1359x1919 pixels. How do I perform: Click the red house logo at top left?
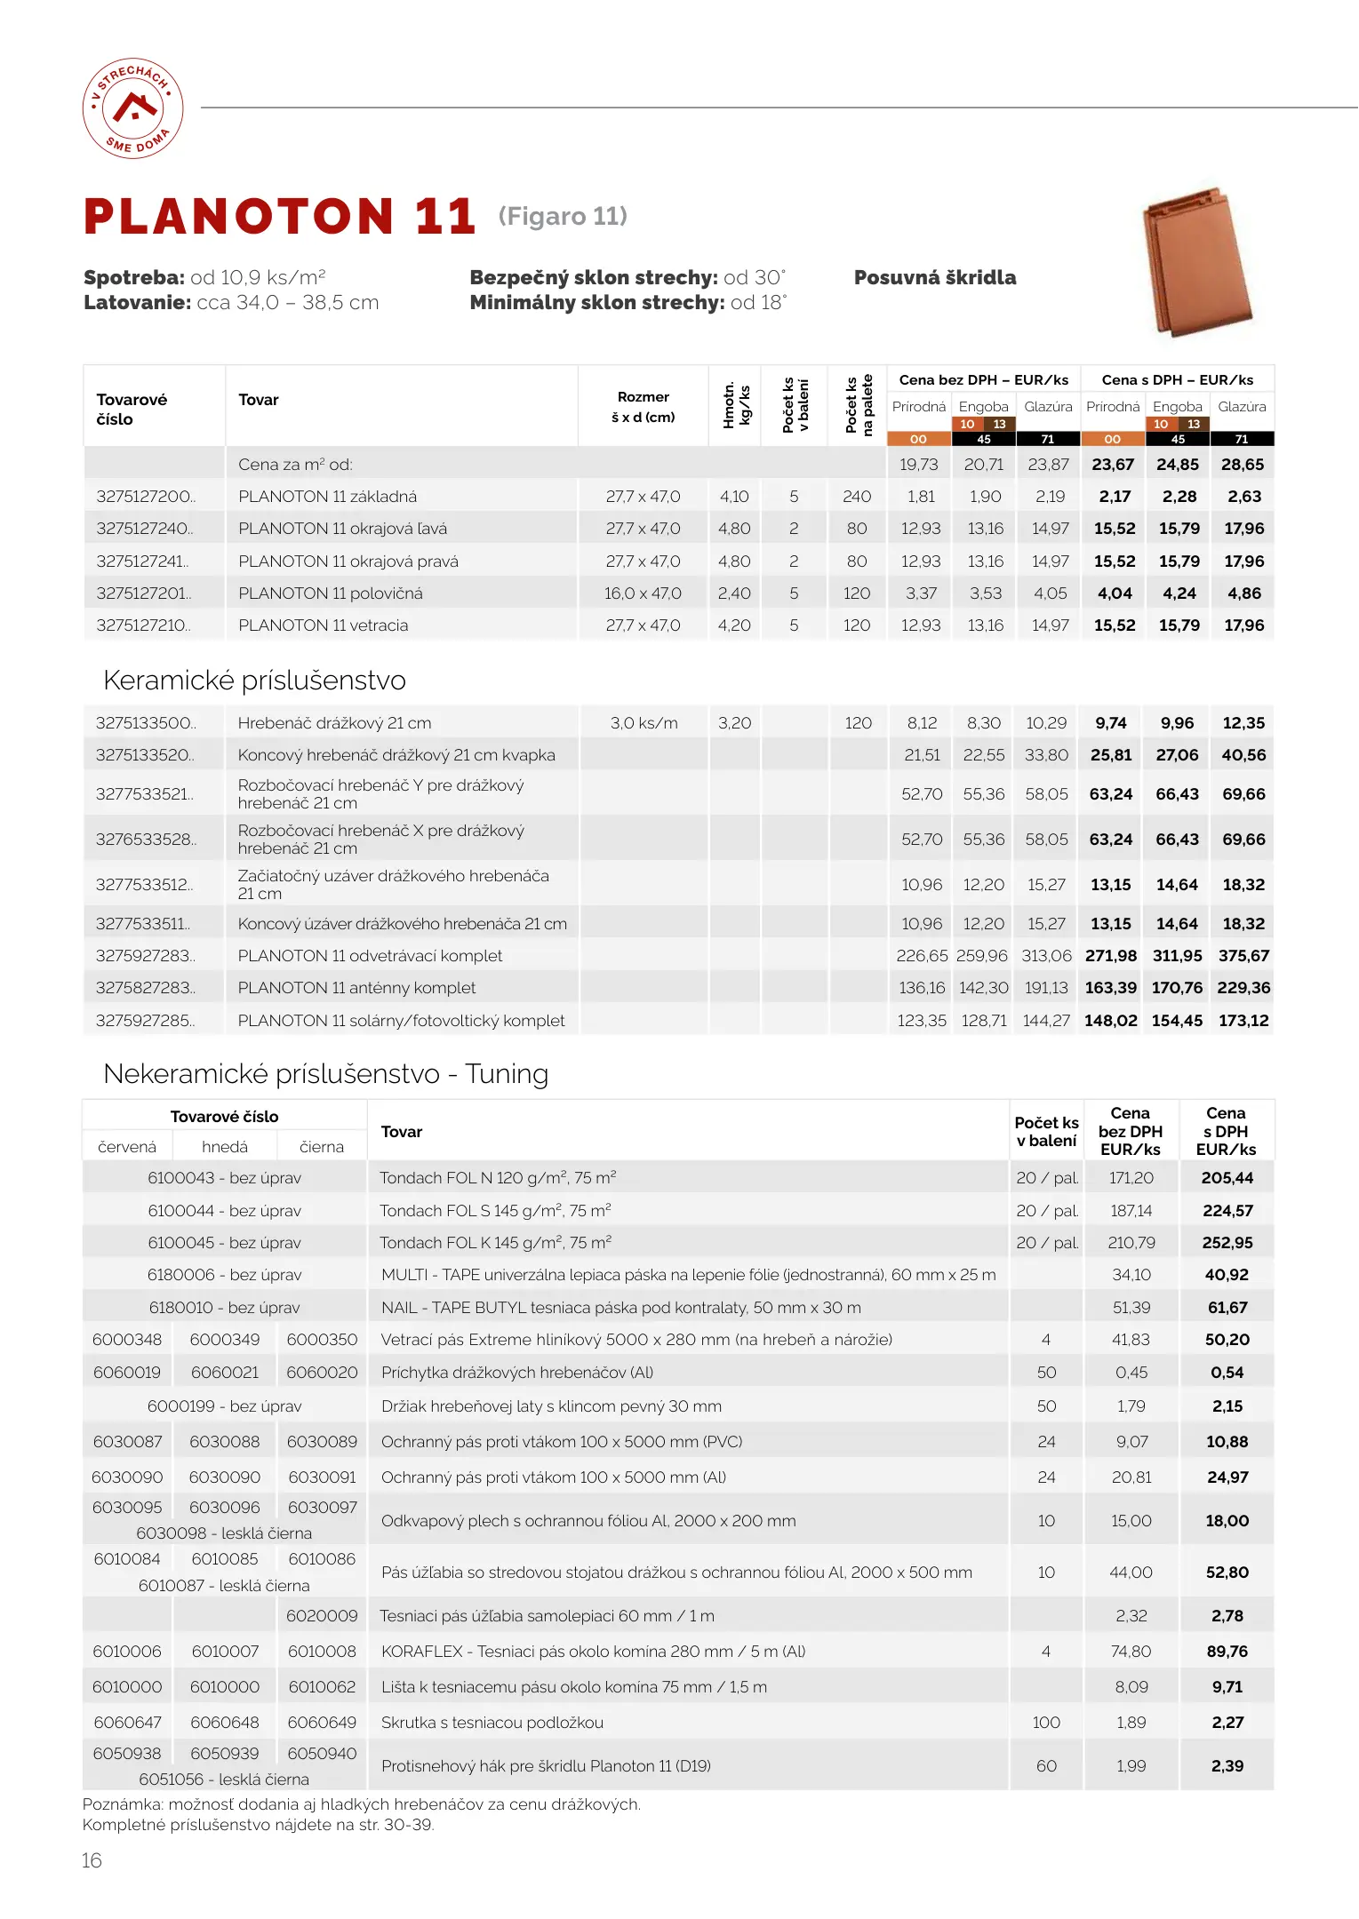tap(133, 108)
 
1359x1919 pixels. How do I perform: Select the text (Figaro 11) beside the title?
tap(563, 216)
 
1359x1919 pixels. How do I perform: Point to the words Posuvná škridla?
tap(934, 277)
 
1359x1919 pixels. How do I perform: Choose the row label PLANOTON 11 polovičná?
tap(330, 593)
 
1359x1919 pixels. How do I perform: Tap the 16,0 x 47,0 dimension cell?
tap(643, 593)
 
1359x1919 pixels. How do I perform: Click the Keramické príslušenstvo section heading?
tap(254, 681)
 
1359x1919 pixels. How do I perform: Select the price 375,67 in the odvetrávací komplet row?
tap(1243, 956)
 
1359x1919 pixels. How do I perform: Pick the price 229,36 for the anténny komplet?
tap(1243, 988)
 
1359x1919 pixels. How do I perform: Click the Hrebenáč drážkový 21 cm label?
tap(334, 723)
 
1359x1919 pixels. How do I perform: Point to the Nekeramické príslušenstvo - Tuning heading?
tap(325, 1074)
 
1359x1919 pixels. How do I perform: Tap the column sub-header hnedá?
tap(225, 1147)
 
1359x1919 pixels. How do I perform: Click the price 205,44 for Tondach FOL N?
tap(1227, 1178)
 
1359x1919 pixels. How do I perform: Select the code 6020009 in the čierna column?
tap(322, 1616)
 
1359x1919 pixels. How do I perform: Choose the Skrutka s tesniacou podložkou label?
tap(492, 1723)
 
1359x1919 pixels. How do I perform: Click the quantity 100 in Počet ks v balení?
tap(1046, 1723)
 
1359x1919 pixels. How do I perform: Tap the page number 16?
tap(92, 1860)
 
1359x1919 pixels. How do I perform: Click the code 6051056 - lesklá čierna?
tap(224, 1780)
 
